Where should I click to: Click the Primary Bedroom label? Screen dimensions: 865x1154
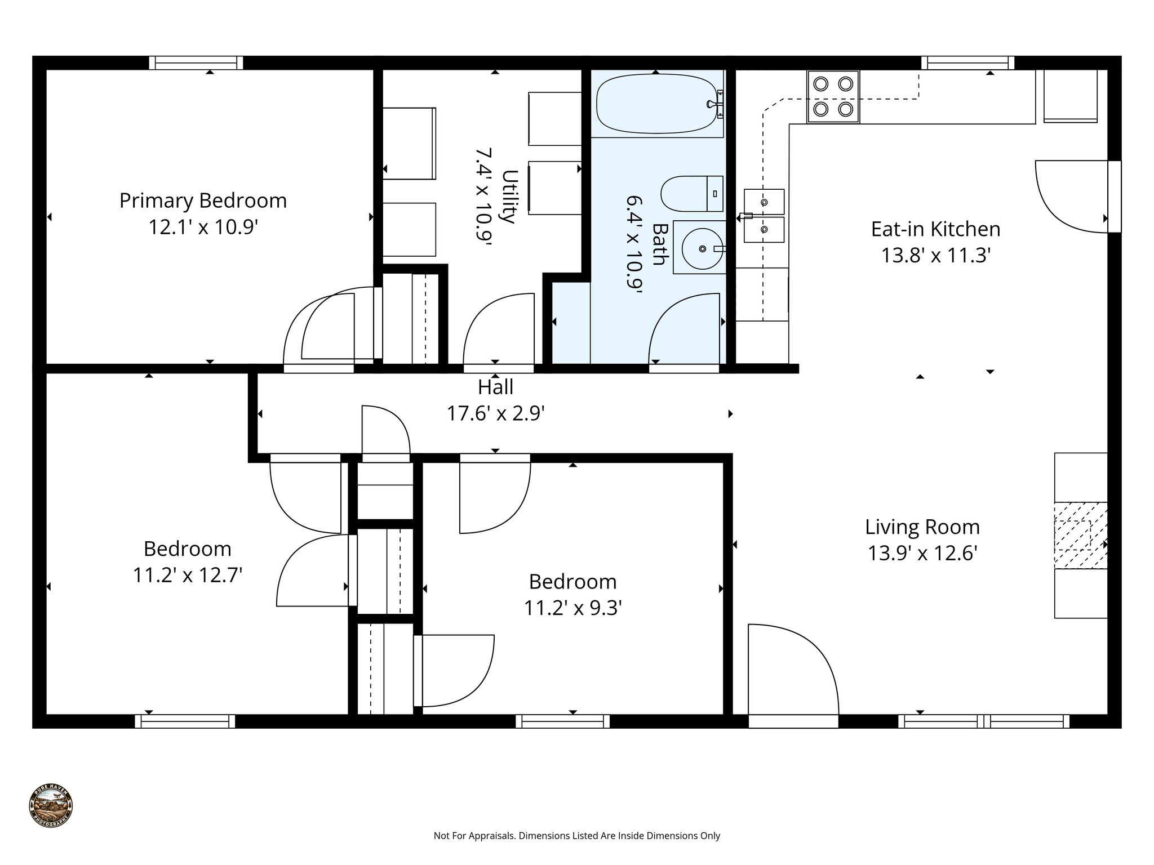point(203,201)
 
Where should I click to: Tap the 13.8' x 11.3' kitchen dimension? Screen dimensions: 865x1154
point(935,256)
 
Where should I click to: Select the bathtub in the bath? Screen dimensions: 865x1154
point(657,104)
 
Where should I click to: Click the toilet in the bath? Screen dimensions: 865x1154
point(691,193)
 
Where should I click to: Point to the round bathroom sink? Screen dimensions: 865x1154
point(702,248)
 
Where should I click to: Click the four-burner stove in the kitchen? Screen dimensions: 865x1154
point(833,96)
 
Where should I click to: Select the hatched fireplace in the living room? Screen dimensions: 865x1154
point(1080,534)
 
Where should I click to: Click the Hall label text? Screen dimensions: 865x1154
point(495,387)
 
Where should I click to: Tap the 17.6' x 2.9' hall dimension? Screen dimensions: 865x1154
point(495,414)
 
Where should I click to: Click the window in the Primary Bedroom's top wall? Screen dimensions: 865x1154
point(196,63)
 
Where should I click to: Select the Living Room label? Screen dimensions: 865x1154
point(922,528)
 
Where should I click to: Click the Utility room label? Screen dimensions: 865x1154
point(509,196)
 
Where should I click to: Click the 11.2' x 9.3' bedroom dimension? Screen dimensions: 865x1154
point(572,608)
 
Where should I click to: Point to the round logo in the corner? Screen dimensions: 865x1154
point(51,806)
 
